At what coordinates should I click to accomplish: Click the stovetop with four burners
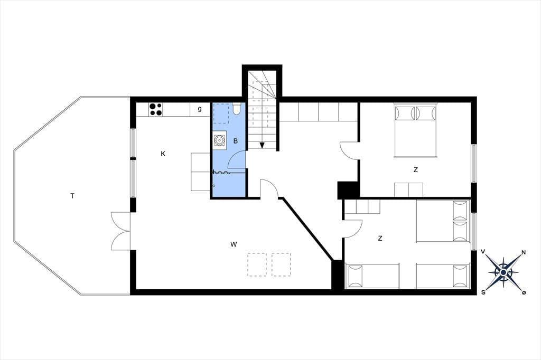click(x=156, y=109)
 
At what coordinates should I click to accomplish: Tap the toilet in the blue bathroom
click(x=237, y=108)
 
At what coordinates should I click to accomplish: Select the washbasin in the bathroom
click(x=219, y=140)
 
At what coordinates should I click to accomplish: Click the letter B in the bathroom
click(x=236, y=141)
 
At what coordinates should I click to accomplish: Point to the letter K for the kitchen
click(x=163, y=154)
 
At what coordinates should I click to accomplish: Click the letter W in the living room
click(x=234, y=244)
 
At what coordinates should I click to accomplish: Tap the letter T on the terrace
click(x=72, y=196)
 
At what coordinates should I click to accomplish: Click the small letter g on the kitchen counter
click(x=200, y=109)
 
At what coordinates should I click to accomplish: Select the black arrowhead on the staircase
click(x=262, y=145)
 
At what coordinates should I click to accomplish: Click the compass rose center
click(x=503, y=273)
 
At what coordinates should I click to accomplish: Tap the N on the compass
click(x=524, y=252)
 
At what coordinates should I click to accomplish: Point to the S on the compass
click(x=483, y=292)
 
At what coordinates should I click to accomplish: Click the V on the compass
click(x=484, y=252)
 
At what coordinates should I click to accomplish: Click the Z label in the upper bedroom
click(x=416, y=169)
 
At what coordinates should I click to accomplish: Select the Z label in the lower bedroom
click(x=380, y=238)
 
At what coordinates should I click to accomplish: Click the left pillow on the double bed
click(x=405, y=113)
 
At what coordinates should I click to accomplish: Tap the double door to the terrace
click(x=121, y=231)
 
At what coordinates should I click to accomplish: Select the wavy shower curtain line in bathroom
click(x=221, y=173)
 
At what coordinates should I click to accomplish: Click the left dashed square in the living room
click(x=257, y=264)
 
